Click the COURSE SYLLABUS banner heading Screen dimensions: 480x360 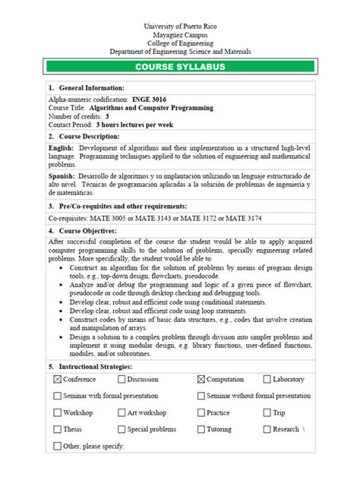pyautogui.click(x=180, y=68)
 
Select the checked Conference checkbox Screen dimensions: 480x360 pyautogui.click(x=58, y=379)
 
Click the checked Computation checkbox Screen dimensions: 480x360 pyautogui.click(x=201, y=379)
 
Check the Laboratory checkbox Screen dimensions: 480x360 pyautogui.click(x=267, y=379)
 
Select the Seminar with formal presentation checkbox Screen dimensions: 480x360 pyautogui.click(x=58, y=396)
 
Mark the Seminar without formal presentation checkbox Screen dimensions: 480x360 pyautogui.click(x=201, y=396)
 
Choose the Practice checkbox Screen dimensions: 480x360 pyautogui.click(x=201, y=412)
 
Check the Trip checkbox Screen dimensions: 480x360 pyautogui.click(x=267, y=412)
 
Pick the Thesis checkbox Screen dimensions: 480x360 pyautogui.click(x=58, y=429)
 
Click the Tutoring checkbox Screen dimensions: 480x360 pyautogui.click(x=201, y=429)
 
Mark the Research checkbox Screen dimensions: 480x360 pyautogui.click(x=267, y=429)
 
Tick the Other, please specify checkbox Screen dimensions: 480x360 pyautogui.click(x=58, y=446)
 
